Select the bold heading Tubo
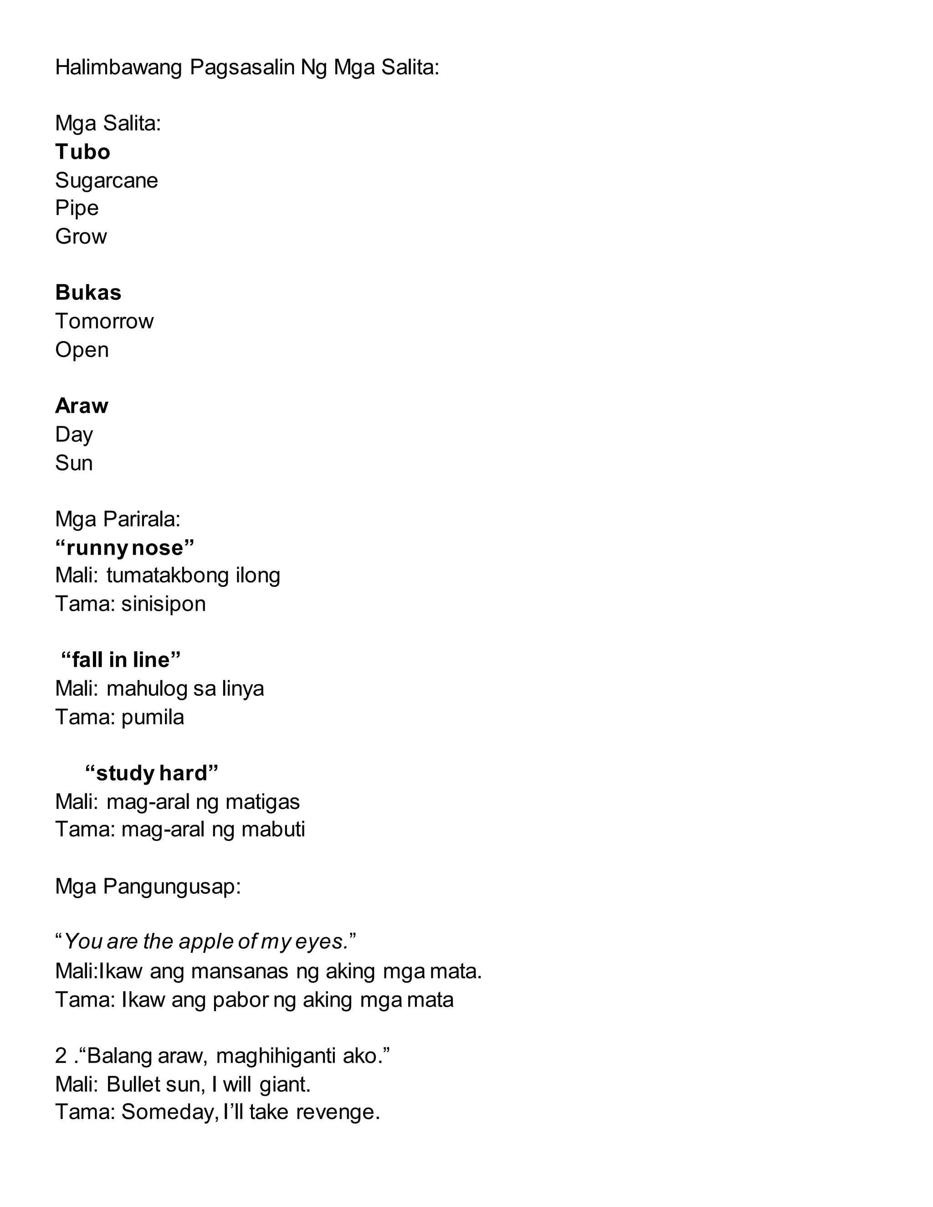82,152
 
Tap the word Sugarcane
106,181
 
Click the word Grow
81,236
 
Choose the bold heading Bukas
88,293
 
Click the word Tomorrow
104,321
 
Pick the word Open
82,350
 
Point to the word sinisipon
163,604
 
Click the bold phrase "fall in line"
120,660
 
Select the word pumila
152,717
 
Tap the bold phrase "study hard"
151,773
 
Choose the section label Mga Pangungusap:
148,886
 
